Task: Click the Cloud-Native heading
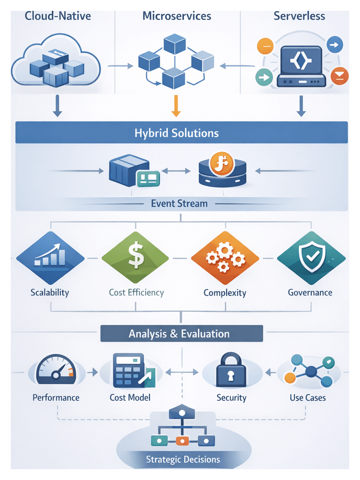coord(58,16)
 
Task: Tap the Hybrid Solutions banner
coord(176,133)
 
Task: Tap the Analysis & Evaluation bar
coord(179,334)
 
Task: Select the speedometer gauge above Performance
coord(54,371)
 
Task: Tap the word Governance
coord(310,293)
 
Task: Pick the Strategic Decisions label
coord(182,460)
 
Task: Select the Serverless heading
coord(299,16)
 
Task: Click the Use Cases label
coord(307,398)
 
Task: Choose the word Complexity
coord(225,293)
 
